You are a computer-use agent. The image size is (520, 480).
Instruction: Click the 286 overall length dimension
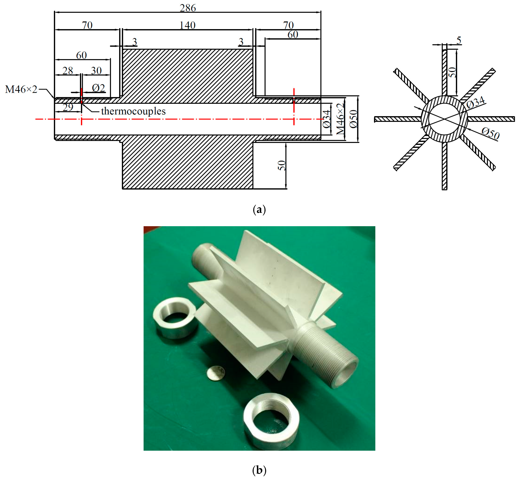pos(188,8)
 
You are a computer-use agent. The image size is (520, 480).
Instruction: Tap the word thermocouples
pos(133,111)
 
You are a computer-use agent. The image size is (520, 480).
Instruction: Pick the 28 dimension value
pos(68,71)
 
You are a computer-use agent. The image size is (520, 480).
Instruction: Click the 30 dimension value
pos(96,71)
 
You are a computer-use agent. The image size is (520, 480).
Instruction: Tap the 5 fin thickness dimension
pos(459,40)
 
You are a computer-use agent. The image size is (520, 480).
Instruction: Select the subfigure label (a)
pos(259,209)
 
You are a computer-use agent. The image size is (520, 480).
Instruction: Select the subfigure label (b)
pos(259,470)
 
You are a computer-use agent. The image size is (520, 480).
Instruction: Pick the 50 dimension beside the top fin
pos(452,72)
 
